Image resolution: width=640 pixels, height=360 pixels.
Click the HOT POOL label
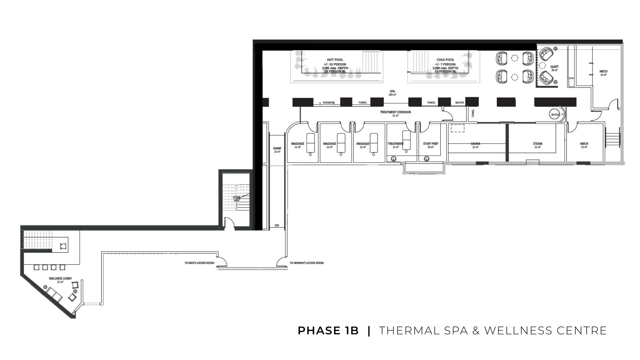point(335,60)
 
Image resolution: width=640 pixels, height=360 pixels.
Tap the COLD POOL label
point(445,60)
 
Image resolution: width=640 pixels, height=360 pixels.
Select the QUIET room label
point(554,67)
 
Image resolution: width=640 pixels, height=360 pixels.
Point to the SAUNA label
point(475,144)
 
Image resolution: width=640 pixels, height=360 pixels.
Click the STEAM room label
point(537,144)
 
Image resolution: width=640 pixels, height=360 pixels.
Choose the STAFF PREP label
point(430,144)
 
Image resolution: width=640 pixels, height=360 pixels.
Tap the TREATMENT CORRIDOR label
point(395,112)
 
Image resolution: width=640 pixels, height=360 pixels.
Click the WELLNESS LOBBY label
point(60,278)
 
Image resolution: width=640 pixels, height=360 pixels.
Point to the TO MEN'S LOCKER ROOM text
point(199,263)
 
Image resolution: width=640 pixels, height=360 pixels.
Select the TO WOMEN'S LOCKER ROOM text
point(307,263)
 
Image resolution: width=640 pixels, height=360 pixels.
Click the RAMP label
point(277,148)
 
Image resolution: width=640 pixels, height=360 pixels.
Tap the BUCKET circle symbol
point(555,115)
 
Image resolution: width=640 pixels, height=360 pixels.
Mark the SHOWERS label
point(328,103)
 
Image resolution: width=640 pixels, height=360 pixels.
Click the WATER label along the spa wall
point(459,103)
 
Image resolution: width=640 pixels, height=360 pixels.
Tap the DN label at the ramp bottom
point(277,226)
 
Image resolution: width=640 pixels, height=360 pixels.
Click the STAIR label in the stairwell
point(236,198)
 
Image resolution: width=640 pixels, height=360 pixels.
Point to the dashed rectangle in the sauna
point(457,128)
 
